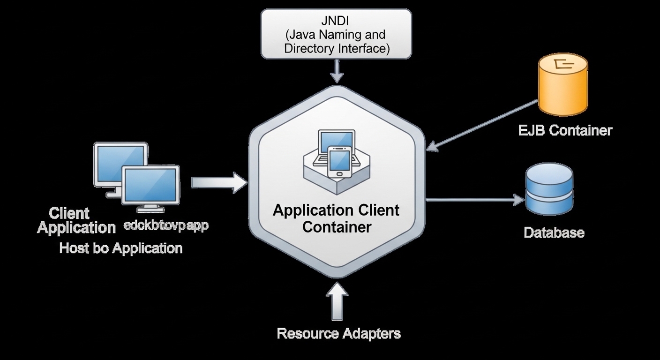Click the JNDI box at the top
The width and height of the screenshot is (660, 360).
(x=336, y=34)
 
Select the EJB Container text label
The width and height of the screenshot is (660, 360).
(x=565, y=130)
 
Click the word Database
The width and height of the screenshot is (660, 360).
(x=554, y=232)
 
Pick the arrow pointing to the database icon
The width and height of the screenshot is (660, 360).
(x=473, y=200)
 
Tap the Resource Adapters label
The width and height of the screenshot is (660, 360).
(x=338, y=334)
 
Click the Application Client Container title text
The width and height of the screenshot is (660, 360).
(x=336, y=218)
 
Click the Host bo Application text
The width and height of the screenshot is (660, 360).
(x=120, y=248)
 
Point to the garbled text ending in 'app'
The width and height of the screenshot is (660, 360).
(x=166, y=225)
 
